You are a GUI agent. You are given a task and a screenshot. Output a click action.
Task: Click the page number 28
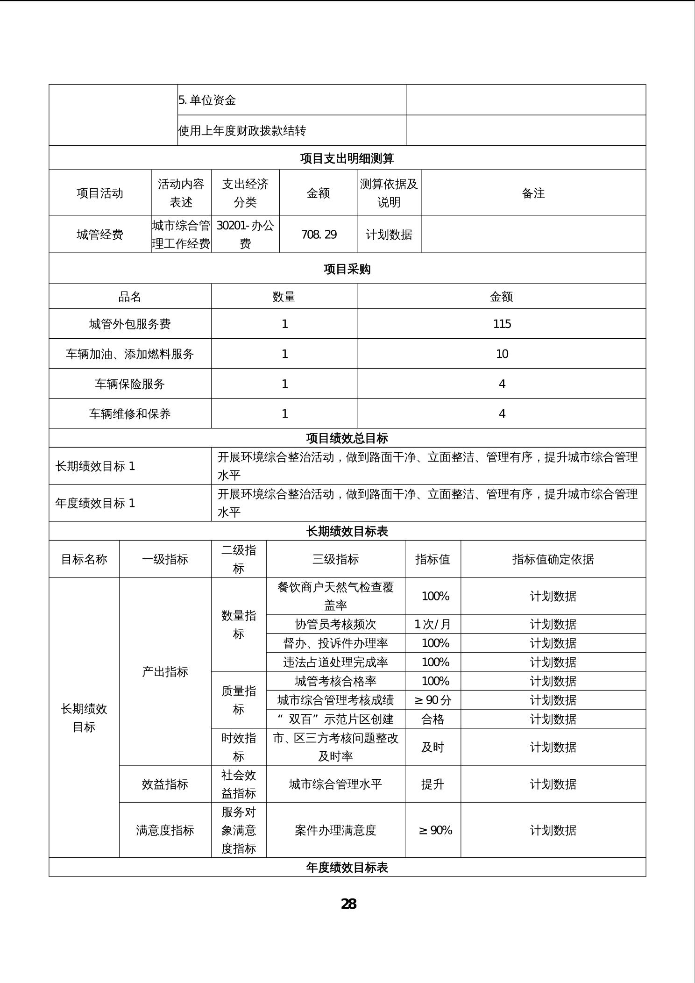(x=348, y=904)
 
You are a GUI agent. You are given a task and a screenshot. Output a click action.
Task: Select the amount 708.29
(x=319, y=235)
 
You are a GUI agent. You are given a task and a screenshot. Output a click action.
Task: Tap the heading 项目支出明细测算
(x=347, y=158)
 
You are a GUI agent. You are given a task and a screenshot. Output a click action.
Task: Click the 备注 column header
(x=533, y=193)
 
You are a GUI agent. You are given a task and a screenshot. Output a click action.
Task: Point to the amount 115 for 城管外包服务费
(x=502, y=324)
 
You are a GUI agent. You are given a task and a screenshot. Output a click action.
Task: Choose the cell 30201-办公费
(x=245, y=235)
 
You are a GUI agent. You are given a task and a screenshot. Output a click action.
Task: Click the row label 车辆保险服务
(x=130, y=384)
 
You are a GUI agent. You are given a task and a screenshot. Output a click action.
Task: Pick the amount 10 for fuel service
(x=502, y=354)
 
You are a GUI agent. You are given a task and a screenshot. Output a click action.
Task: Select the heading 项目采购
(x=347, y=269)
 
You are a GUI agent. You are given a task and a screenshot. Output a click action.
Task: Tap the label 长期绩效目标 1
(x=95, y=466)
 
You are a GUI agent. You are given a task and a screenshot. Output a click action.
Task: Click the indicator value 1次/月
(x=433, y=624)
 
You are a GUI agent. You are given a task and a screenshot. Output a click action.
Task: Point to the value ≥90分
(x=433, y=700)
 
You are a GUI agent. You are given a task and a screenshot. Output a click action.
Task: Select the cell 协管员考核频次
(x=335, y=624)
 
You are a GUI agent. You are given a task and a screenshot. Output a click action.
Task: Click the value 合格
(x=433, y=719)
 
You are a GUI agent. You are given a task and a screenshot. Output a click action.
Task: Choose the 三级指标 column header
(x=335, y=559)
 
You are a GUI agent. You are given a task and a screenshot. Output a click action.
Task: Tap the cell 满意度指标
(x=165, y=830)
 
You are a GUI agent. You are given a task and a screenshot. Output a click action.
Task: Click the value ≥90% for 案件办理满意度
(x=435, y=830)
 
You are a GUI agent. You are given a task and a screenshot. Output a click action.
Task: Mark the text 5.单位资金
(x=207, y=100)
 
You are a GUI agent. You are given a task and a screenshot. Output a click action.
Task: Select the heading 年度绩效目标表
(x=347, y=868)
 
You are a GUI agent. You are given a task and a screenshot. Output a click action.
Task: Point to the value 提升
(x=433, y=784)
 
